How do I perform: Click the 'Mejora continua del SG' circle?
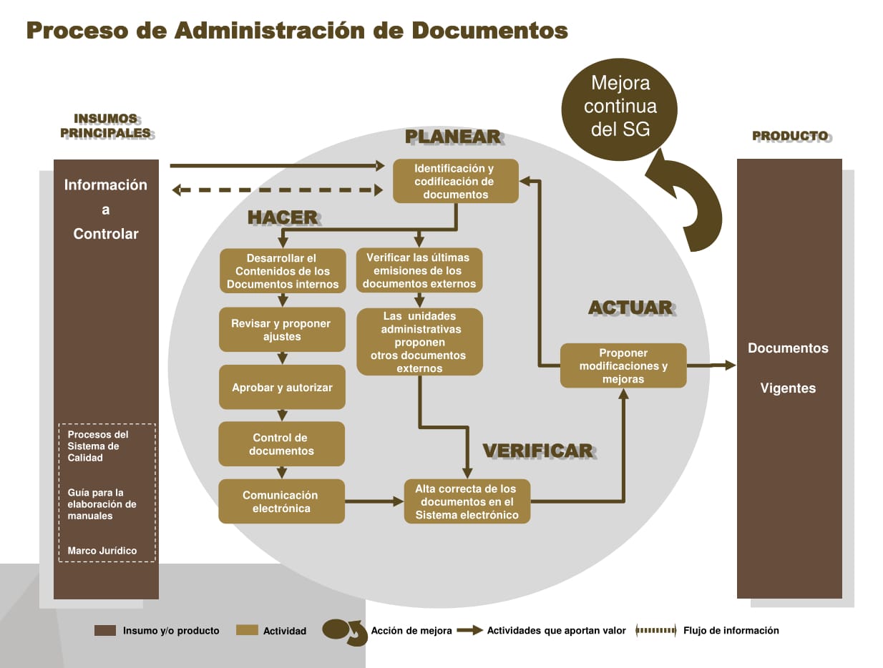[619, 109]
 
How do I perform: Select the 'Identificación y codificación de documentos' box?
[455, 181]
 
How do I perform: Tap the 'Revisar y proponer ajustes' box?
[282, 330]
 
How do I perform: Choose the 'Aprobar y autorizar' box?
[282, 387]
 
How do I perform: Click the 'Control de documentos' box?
[282, 443]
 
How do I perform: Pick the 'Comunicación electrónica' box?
[282, 501]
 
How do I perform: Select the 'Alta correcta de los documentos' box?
[467, 501]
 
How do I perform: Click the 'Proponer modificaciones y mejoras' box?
[623, 365]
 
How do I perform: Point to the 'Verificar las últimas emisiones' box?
[419, 270]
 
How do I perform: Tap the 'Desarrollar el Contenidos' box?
[283, 270]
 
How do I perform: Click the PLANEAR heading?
[453, 137]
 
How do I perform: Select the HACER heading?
[283, 218]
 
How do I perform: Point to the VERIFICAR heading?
[538, 451]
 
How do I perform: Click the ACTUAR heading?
[631, 308]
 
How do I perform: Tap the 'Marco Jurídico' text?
[102, 550]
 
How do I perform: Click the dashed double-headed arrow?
[277, 190]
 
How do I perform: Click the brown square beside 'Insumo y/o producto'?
[105, 630]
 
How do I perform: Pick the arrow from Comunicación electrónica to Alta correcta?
[374, 501]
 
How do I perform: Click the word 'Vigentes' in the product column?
[788, 388]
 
